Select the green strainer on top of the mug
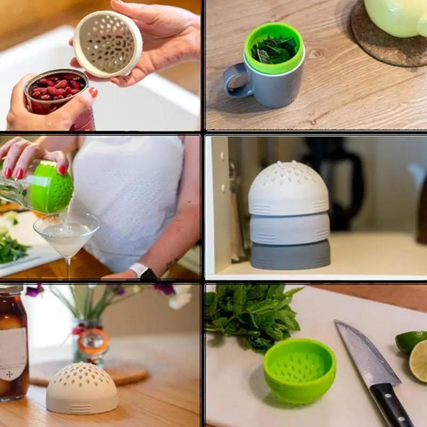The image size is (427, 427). (274, 48)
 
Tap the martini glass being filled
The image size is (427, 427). (66, 235)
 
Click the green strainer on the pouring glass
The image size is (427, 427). (51, 187)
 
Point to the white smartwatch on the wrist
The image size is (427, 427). (140, 270)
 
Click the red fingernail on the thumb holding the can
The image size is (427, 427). (93, 92)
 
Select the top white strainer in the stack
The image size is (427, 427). (288, 189)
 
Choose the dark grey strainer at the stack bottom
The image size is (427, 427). (290, 255)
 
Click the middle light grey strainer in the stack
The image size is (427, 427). (289, 228)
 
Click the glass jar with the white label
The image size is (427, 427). (13, 344)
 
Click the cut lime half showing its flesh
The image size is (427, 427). (419, 361)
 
